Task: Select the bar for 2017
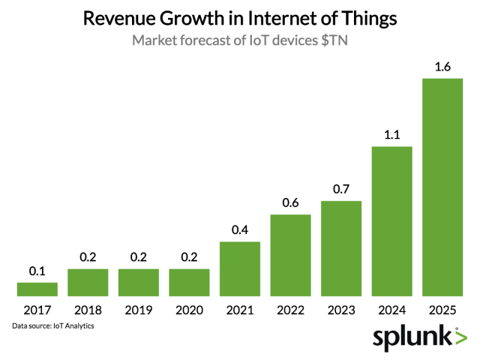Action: (x=37, y=289)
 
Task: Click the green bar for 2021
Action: (x=240, y=268)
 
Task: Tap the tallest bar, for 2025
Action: (x=442, y=187)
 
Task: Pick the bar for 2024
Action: (x=392, y=221)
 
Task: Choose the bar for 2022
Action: (x=290, y=255)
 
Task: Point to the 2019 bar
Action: (x=139, y=282)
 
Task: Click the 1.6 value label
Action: (x=442, y=68)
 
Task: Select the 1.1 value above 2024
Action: (x=392, y=136)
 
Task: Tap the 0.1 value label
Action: (x=37, y=271)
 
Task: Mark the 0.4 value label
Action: (x=240, y=231)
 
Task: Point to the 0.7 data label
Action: (x=341, y=190)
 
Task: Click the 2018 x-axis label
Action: (x=88, y=310)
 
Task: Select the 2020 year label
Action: (x=189, y=310)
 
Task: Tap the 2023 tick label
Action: (x=341, y=310)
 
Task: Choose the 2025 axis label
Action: (x=442, y=310)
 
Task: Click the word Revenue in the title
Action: (x=121, y=18)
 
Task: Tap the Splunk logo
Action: (x=420, y=339)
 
